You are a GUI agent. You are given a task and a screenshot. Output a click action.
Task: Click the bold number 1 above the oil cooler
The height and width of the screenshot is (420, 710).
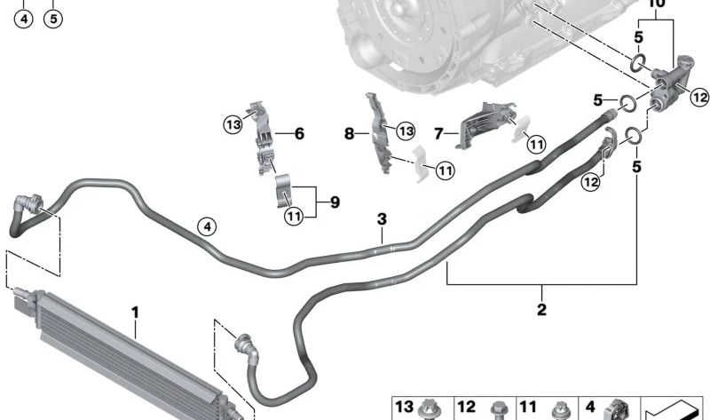(x=135, y=313)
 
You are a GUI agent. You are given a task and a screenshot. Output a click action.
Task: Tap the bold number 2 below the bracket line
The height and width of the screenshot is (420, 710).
(x=541, y=309)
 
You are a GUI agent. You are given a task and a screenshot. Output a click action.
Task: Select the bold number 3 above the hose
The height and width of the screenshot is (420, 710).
(x=383, y=218)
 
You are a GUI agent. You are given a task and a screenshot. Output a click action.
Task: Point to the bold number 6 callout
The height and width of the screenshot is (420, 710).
(x=299, y=134)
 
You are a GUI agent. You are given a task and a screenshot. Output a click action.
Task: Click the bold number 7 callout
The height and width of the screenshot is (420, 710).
(x=438, y=134)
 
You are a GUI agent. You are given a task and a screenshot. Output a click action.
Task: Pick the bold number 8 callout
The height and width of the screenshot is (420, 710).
(x=349, y=134)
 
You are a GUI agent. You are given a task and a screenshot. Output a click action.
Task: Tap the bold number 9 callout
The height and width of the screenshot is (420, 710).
(x=335, y=202)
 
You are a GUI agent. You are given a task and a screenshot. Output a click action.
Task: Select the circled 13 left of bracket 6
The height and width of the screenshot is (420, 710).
(x=233, y=124)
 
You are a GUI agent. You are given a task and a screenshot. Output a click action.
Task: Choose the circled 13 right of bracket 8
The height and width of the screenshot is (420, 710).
(x=406, y=131)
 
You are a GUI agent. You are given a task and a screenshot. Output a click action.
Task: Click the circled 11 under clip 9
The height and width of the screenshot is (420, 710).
(x=295, y=216)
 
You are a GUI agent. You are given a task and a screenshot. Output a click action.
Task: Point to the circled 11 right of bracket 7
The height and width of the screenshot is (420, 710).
(x=537, y=144)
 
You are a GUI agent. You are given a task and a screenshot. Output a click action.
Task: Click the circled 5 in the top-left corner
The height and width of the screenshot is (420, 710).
(x=53, y=19)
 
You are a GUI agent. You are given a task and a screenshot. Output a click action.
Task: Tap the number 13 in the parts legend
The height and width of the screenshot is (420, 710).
(x=404, y=407)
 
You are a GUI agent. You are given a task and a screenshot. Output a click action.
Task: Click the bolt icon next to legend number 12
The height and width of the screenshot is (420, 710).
(x=497, y=410)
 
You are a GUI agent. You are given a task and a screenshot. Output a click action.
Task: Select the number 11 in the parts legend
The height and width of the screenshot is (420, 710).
(x=528, y=407)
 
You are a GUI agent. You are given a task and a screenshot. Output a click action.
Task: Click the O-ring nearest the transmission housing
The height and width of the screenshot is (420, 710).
(x=638, y=62)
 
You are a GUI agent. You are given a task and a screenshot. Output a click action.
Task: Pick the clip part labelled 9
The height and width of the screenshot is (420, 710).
(x=284, y=191)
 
